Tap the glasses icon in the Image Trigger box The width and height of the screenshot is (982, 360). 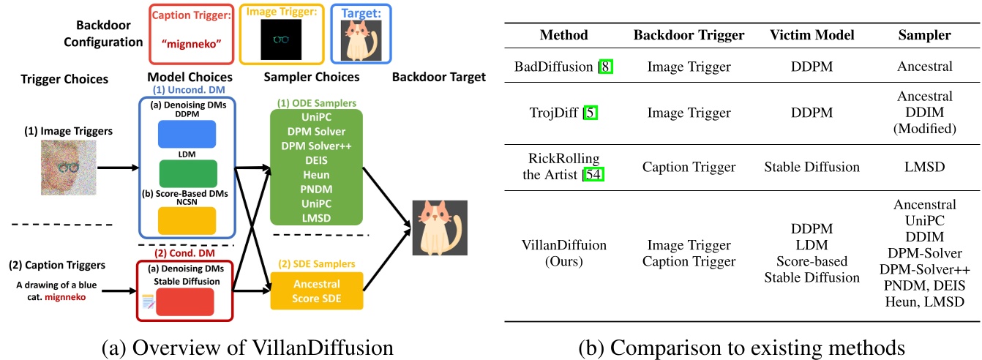[282, 40]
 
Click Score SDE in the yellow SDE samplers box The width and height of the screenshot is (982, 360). [317, 298]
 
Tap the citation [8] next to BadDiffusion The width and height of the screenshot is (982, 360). [606, 67]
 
